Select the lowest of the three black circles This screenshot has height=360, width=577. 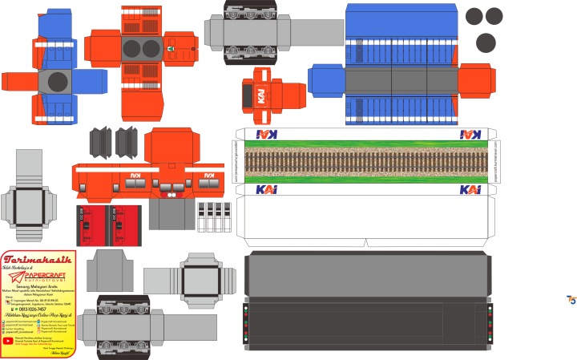[x=486, y=43]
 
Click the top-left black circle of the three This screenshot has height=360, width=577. [x=474, y=15]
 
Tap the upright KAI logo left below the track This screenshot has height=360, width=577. [x=267, y=190]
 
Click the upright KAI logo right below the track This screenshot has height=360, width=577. [x=470, y=190]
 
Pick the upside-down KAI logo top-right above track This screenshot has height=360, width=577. [x=470, y=135]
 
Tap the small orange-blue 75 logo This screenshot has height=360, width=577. [x=571, y=300]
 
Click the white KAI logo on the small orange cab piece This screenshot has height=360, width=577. [x=262, y=95]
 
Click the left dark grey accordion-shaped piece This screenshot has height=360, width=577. [x=101, y=142]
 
